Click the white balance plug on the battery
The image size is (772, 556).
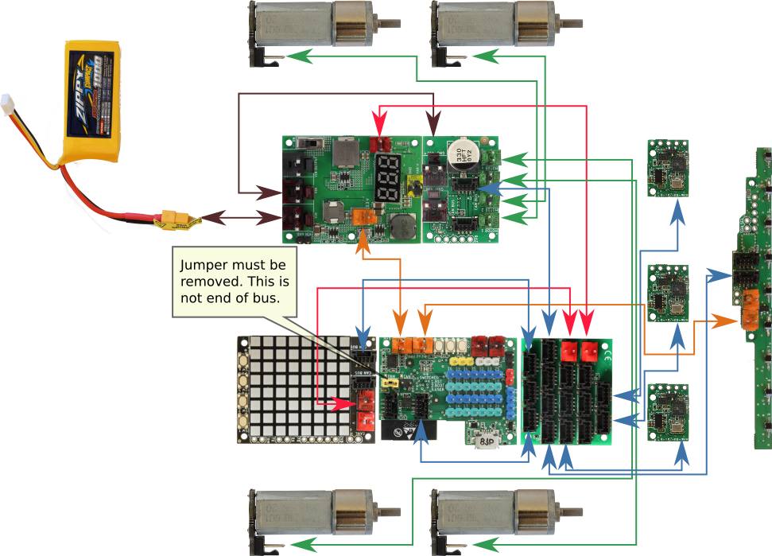9,103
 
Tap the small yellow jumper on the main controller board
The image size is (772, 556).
390,382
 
